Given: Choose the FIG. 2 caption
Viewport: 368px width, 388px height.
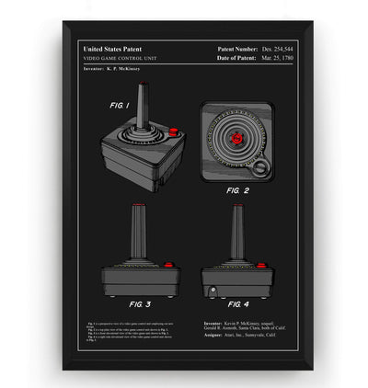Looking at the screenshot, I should (236, 191).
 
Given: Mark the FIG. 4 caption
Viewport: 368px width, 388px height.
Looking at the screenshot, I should (237, 302).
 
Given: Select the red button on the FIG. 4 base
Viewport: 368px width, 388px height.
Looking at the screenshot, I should (260, 265).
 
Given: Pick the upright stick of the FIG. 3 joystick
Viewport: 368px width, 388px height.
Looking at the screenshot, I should (139, 235).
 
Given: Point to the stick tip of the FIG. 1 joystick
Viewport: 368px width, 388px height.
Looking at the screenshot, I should (140, 89).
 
